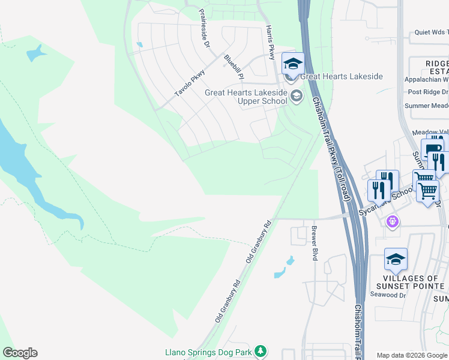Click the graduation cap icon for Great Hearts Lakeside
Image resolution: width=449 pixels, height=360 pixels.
click(x=293, y=64)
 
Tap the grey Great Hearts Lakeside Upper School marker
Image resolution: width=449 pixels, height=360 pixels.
click(x=296, y=95)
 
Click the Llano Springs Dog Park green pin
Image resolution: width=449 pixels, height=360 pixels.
click(x=260, y=350)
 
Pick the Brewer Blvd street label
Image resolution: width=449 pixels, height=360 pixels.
click(x=313, y=243)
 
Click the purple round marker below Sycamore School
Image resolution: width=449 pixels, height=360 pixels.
click(x=393, y=221)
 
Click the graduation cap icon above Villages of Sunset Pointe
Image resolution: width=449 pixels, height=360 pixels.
click(x=396, y=259)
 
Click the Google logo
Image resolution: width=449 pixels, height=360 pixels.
click(x=20, y=353)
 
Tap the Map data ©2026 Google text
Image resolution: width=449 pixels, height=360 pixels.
click(x=411, y=355)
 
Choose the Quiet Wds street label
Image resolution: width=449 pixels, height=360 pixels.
click(x=432, y=33)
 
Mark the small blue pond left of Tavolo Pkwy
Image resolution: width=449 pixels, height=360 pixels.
click(x=140, y=44)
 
